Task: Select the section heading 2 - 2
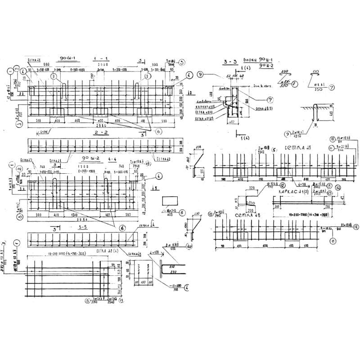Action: (99, 134)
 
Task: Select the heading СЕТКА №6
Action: (246, 216)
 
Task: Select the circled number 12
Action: (282, 185)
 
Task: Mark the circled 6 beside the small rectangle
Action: (182, 213)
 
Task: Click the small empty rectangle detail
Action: (169, 201)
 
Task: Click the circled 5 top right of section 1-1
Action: (182, 63)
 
